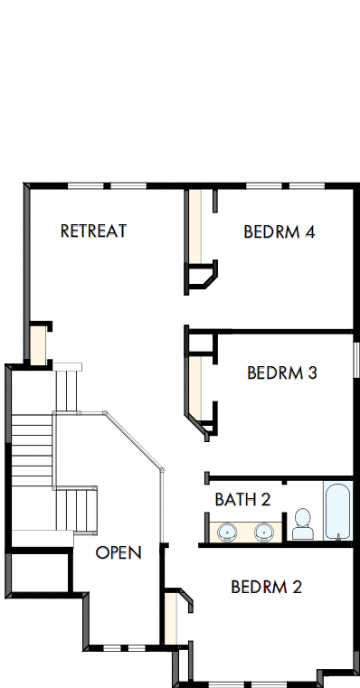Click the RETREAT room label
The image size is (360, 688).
pos(93,231)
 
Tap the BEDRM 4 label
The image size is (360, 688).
pos(279,232)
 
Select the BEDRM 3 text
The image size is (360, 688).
pos(281,372)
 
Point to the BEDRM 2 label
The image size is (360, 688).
pos(266,587)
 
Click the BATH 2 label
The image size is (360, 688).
pos(242,498)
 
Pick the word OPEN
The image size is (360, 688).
pos(118,552)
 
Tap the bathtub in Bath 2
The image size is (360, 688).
pos(337,511)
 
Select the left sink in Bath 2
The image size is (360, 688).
pos(225,531)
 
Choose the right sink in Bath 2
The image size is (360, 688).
pos(263,531)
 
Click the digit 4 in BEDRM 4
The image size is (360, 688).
pos(309,232)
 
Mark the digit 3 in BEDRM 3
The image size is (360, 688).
pos(311,372)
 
